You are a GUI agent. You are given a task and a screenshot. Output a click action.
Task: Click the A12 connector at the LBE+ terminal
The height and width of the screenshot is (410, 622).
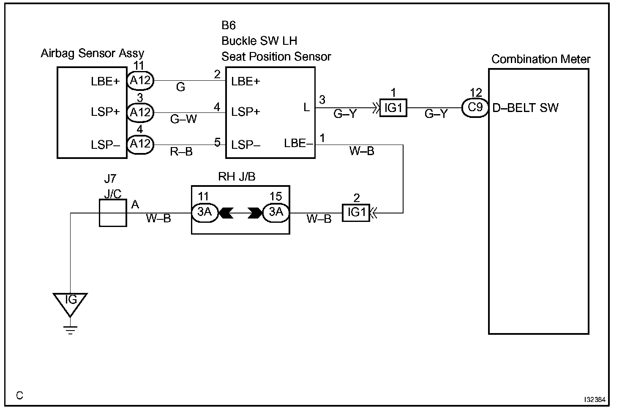(140, 81)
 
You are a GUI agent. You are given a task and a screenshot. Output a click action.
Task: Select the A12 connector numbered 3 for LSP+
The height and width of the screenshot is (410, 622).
(140, 112)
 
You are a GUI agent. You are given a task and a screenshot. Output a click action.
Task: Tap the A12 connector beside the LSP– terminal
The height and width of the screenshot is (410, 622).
(140, 144)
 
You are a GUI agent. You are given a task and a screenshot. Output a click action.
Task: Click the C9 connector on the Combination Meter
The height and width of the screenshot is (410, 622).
(475, 107)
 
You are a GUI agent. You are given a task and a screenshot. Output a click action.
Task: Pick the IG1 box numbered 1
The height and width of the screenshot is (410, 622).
(393, 108)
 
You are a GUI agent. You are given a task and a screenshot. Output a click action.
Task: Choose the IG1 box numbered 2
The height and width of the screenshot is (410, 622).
(356, 213)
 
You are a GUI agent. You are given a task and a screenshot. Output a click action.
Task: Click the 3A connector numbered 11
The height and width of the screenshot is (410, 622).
(205, 213)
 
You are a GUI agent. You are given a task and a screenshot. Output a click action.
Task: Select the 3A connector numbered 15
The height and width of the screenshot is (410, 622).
(276, 213)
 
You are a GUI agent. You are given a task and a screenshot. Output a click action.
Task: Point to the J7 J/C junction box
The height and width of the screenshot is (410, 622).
(113, 213)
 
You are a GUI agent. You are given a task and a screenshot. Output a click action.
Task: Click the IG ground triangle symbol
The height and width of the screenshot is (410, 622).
(70, 303)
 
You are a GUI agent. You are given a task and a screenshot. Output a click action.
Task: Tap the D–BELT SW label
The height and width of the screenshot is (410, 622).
(525, 108)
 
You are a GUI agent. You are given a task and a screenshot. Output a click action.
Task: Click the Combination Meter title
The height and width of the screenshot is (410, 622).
(540, 59)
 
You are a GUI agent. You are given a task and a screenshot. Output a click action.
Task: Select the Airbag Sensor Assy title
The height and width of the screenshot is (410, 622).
(93, 53)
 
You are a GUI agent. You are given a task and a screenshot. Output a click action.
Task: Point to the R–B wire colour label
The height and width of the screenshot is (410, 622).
(181, 151)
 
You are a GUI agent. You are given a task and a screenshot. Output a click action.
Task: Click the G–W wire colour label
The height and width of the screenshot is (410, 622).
(183, 119)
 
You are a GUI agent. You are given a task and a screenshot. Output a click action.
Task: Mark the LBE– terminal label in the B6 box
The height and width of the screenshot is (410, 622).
(298, 143)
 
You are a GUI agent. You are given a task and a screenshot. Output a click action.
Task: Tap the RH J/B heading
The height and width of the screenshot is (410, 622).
(237, 177)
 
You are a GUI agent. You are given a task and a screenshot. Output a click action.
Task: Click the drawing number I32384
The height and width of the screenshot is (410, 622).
(595, 399)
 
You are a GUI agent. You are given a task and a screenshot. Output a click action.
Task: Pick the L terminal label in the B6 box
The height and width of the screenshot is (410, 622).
(306, 107)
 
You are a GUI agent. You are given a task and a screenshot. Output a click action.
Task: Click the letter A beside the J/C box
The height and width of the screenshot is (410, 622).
(135, 205)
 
